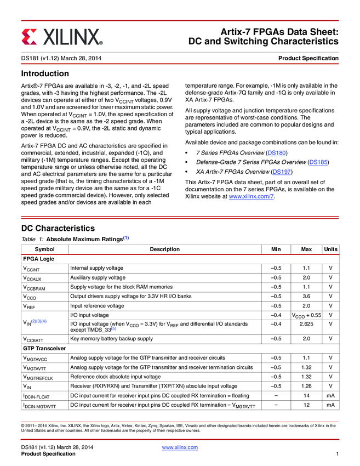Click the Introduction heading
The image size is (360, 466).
(45, 73)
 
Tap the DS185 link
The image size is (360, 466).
(318, 162)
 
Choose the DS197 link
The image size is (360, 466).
(282, 172)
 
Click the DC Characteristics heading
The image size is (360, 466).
(58, 228)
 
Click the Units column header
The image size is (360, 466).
(330, 249)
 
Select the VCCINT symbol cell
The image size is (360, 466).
(31, 269)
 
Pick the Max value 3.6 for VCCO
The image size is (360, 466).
(307, 297)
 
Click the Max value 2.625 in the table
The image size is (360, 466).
(307, 325)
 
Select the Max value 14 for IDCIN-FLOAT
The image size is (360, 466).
(307, 395)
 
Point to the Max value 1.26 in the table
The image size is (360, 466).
(307, 386)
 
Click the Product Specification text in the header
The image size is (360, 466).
(308, 58)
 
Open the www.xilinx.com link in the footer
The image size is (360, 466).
(180, 447)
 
